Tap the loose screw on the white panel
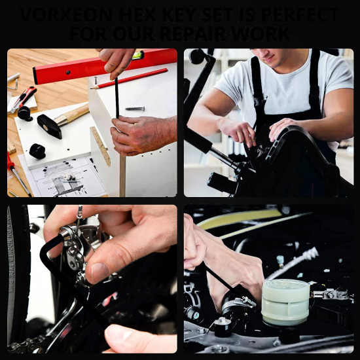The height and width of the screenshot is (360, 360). (x=135, y=108)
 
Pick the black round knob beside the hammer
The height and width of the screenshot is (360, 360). (x=37, y=151)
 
